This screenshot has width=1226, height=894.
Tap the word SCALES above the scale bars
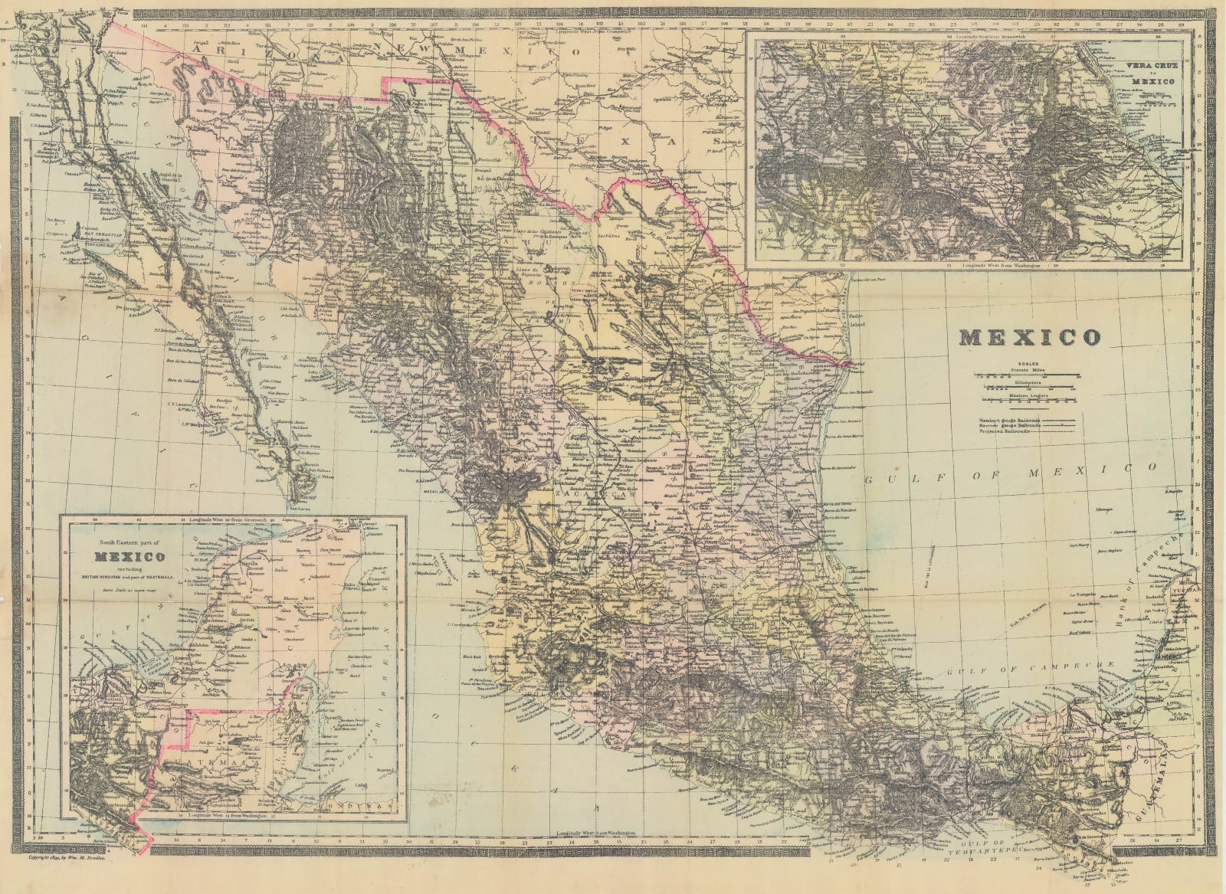click(x=1028, y=364)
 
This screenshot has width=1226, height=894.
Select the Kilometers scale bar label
click(x=1028, y=382)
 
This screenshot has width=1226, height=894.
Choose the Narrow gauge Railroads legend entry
click(x=1009, y=426)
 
